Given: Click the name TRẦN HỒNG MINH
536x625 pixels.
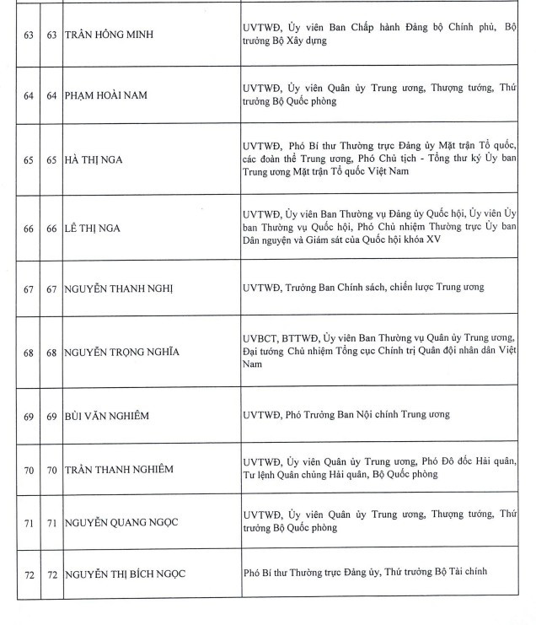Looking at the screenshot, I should click(112, 35).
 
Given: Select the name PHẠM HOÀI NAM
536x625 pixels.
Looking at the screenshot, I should click(105, 95).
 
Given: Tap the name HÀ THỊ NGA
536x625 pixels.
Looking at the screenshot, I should click(94, 159).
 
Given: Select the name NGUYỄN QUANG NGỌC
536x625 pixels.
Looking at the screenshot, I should click(123, 524).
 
